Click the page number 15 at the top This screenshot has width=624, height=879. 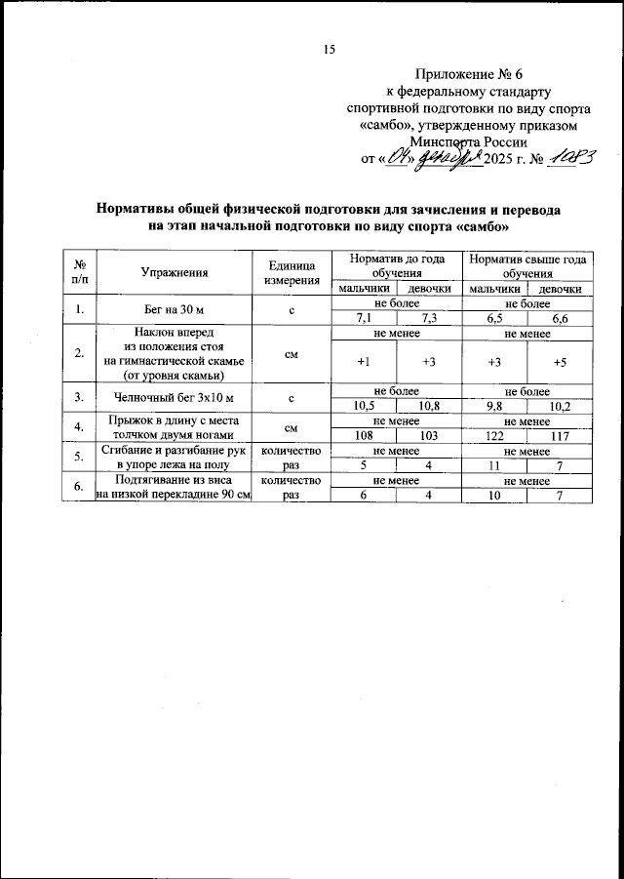click(329, 50)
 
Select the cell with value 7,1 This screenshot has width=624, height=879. click(366, 317)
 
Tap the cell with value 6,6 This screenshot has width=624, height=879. click(560, 317)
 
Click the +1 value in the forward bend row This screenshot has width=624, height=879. click(363, 362)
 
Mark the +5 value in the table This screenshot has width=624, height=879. click(560, 362)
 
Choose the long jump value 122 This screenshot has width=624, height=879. click(494, 435)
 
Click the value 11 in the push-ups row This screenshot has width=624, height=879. click(494, 465)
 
